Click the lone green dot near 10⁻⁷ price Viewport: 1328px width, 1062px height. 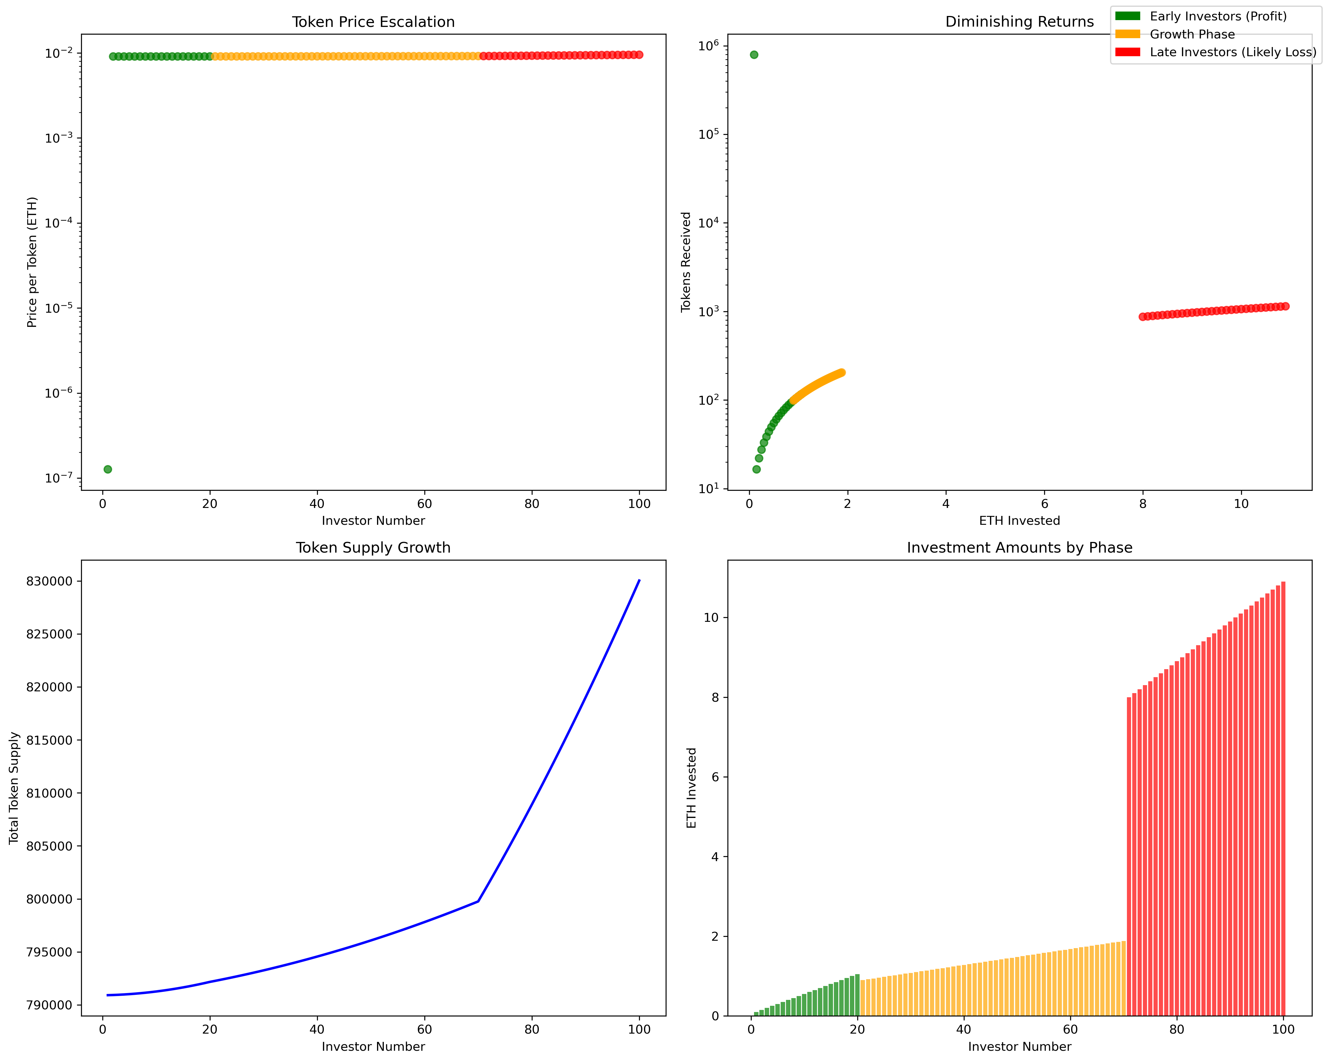108,469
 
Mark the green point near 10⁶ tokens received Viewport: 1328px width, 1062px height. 754,55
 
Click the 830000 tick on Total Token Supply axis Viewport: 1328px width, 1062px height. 49,581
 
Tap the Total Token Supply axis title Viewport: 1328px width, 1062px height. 14,788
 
